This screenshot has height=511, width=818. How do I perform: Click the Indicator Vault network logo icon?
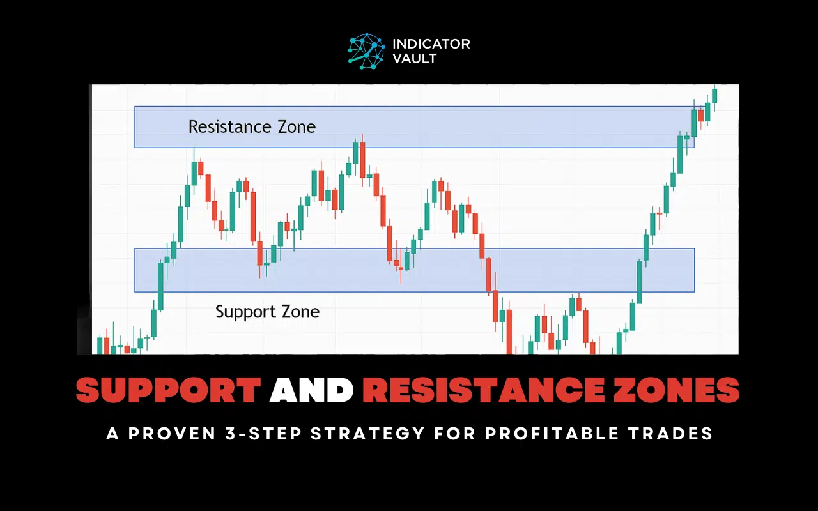click(366, 51)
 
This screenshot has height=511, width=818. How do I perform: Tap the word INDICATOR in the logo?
click(431, 44)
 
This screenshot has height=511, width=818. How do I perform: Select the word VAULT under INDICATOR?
click(415, 59)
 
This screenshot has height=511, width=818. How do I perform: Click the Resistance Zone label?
click(252, 126)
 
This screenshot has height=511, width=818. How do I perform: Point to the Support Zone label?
click(267, 312)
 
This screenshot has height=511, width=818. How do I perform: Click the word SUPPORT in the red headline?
click(168, 390)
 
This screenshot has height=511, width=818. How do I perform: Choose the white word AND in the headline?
click(311, 390)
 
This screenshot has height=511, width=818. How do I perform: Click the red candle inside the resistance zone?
click(701, 116)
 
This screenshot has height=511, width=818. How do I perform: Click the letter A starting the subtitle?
click(112, 434)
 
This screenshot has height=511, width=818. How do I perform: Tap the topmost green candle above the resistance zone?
click(714, 95)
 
